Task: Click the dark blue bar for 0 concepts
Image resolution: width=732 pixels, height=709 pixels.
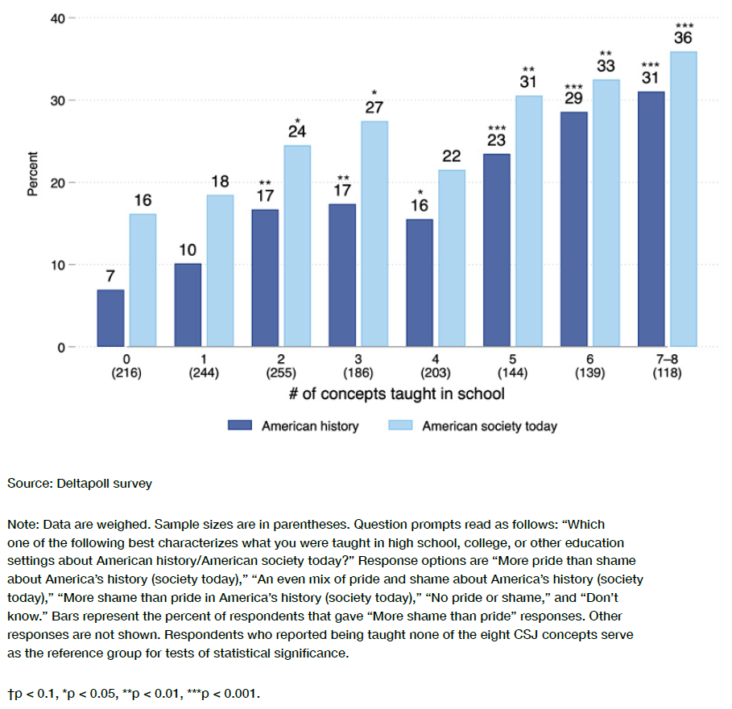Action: (110, 319)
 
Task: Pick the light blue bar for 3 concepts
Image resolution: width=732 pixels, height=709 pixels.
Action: (374, 234)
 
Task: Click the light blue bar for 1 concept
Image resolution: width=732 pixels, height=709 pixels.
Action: (220, 271)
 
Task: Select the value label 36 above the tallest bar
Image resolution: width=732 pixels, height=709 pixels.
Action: (683, 38)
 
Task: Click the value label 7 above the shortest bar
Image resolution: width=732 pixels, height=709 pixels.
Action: (110, 276)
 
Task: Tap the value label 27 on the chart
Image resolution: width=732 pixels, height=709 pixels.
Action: (374, 108)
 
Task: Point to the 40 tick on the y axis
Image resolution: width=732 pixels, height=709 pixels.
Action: (58, 18)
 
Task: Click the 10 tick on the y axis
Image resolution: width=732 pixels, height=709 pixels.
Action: (58, 265)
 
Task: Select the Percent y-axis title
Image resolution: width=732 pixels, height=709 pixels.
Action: (33, 174)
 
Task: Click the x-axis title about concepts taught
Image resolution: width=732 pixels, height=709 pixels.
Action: (395, 394)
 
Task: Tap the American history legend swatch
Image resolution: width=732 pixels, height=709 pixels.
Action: (240, 426)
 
